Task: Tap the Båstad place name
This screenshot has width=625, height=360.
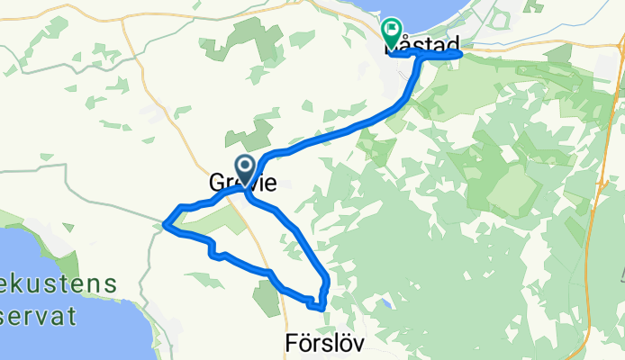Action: [x=423, y=44]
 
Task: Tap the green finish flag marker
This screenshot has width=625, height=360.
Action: [x=392, y=32]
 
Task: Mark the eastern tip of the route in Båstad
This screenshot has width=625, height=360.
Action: [x=461, y=55]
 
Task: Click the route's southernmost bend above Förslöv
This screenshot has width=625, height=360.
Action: [x=317, y=308]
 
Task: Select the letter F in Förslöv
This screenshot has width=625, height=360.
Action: [x=290, y=344]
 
